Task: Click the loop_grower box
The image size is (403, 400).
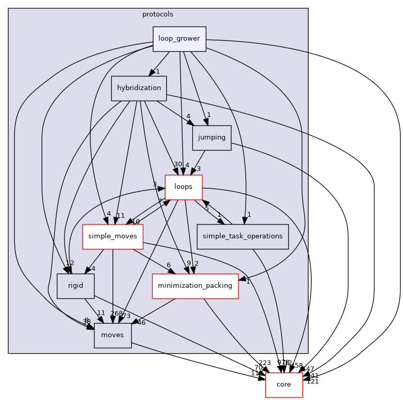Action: tap(179, 39)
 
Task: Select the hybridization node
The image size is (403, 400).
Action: tap(139, 88)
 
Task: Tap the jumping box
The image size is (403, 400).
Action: tap(212, 137)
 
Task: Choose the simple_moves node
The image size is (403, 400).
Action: tap(112, 236)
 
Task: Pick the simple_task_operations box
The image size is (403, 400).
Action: tap(242, 236)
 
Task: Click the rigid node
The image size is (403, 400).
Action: tap(75, 286)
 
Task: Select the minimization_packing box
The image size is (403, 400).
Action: tap(195, 286)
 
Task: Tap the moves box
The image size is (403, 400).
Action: tap(112, 335)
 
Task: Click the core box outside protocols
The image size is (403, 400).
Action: tap(284, 385)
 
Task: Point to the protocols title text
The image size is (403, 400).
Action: tap(158, 14)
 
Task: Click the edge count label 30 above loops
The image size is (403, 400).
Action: tap(178, 164)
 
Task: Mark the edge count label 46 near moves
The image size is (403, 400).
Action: tap(141, 323)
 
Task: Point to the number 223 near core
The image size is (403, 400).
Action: tap(264, 363)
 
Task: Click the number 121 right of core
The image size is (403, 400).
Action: tap(313, 381)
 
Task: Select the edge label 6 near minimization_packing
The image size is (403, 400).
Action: tap(168, 265)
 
